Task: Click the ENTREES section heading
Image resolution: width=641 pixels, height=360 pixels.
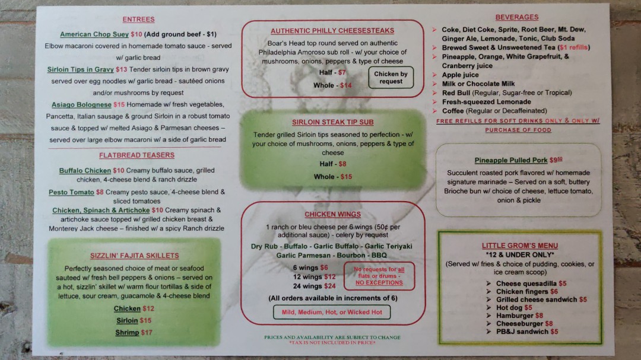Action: point(138,19)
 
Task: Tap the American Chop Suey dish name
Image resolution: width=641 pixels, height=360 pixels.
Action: point(94,34)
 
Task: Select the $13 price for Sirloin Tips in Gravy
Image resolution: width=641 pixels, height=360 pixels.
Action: point(122,69)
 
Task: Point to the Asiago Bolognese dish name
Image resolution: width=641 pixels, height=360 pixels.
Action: point(81,104)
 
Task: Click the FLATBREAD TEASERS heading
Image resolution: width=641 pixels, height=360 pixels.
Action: point(137,155)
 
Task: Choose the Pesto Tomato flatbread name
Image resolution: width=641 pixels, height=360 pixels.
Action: point(71,192)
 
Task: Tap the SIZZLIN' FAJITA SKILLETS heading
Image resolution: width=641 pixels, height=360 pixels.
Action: point(135,256)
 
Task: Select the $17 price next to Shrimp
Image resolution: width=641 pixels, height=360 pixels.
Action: point(147,333)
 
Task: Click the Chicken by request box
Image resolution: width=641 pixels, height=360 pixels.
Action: point(391,78)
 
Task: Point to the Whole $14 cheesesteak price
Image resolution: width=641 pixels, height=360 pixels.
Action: point(346,85)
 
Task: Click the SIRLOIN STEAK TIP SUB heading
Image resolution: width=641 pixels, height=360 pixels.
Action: point(333,122)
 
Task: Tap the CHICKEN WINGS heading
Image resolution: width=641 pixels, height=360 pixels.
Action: point(333,214)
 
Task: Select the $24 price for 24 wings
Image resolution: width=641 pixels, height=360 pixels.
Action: point(329,286)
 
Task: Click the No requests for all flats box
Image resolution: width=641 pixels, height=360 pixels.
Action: point(379,276)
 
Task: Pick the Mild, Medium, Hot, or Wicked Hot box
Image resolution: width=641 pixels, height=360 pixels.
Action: point(332,312)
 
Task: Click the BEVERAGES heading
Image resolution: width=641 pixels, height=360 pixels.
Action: point(517,17)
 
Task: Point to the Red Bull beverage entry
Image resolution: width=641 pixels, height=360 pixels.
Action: point(507,93)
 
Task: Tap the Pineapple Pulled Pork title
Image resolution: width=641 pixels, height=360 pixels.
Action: point(511,160)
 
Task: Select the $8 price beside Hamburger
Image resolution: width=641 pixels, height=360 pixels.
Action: point(539,316)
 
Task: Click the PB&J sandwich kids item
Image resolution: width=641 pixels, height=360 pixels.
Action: point(523,332)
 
